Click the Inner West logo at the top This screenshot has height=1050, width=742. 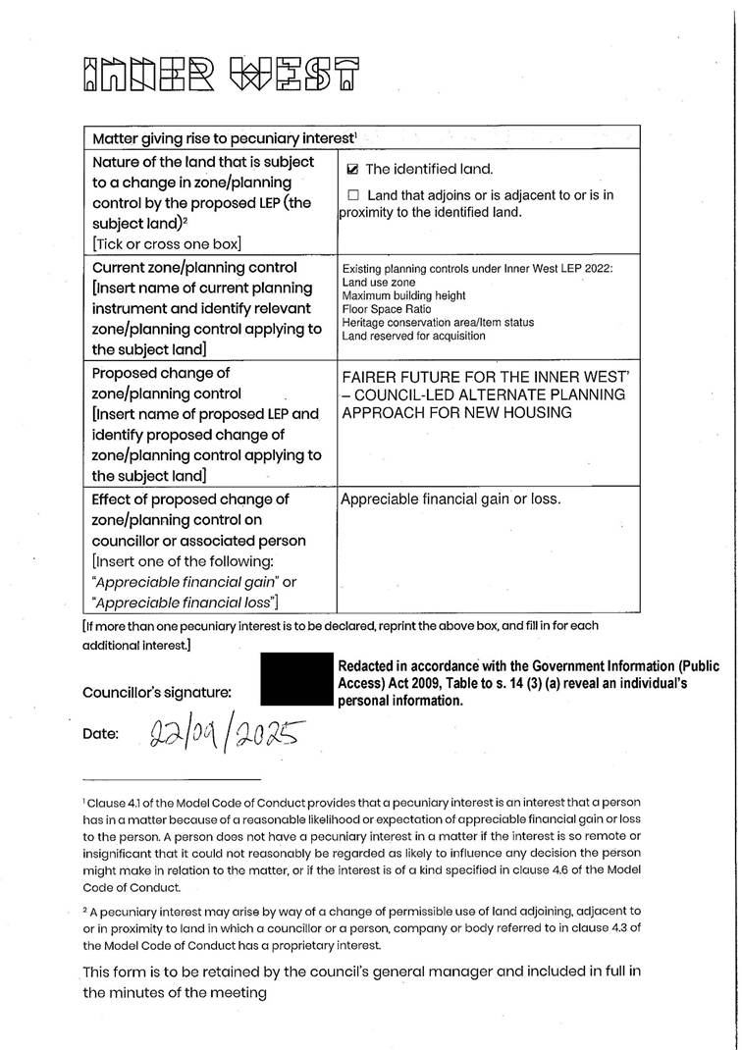(221, 74)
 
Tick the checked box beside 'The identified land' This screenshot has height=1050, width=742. (353, 170)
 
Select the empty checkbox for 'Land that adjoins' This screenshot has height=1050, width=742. (353, 195)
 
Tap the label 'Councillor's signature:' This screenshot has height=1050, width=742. (157, 692)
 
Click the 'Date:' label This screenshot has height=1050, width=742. (101, 734)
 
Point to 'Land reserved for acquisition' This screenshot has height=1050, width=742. (413, 336)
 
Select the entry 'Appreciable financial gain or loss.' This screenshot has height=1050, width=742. (450, 499)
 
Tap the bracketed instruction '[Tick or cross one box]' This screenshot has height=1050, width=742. (166, 243)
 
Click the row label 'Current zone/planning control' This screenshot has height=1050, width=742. (193, 268)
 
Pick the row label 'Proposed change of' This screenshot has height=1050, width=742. (161, 374)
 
